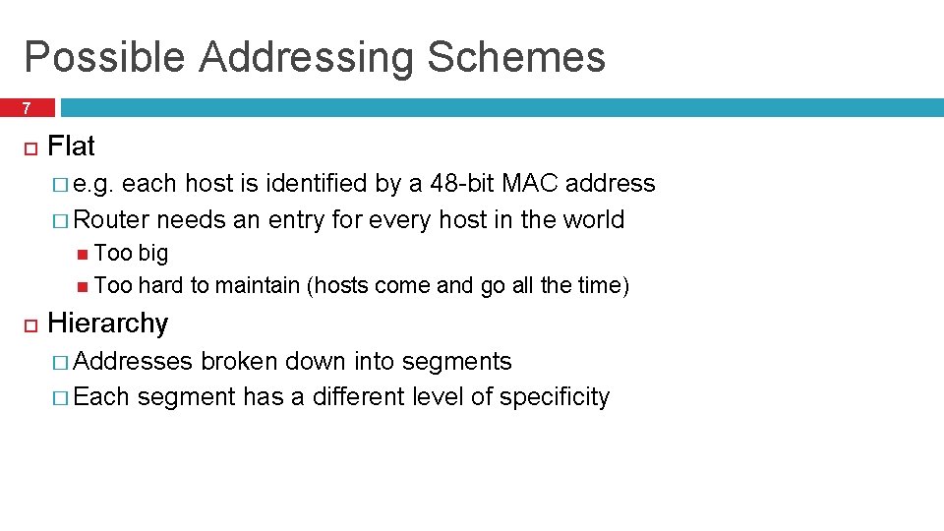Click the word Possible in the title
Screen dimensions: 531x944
tap(103, 58)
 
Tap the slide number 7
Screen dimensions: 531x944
tap(27, 108)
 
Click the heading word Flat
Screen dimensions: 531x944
tap(71, 147)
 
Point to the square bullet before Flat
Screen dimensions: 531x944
tap(29, 147)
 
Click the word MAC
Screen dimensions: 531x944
tap(530, 184)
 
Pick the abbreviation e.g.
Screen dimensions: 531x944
tap(94, 185)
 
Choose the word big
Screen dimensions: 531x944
tap(152, 254)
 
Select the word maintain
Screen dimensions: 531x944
tap(257, 285)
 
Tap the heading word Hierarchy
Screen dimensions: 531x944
tap(107, 324)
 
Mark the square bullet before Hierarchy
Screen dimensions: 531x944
tap(29, 324)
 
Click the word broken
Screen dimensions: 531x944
tap(239, 362)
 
